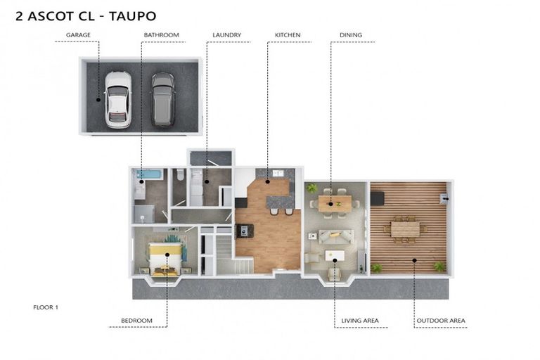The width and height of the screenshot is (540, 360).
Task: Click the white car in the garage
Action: click(118, 100)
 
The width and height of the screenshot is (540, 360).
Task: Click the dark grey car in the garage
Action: click(163, 100)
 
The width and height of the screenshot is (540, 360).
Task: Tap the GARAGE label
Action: click(78, 34)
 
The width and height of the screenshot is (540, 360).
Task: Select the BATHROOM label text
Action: click(162, 34)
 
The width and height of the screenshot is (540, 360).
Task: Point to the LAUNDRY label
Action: click(226, 34)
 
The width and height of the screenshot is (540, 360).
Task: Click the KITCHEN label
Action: click(288, 34)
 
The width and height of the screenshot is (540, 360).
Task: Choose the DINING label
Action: click(351, 34)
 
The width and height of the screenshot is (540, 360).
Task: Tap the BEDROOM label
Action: click(136, 321)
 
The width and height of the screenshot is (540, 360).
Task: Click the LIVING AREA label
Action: click(360, 321)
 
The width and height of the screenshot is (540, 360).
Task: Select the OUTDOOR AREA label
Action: click(441, 321)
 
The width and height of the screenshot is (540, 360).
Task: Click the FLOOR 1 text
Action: click(46, 307)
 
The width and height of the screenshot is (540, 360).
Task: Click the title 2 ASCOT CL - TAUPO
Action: click(86, 16)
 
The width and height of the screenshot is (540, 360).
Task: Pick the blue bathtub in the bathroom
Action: click(149, 174)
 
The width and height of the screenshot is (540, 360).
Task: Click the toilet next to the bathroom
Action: click(179, 175)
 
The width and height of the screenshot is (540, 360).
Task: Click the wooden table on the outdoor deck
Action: click(405, 229)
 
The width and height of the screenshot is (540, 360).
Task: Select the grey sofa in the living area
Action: click(336, 236)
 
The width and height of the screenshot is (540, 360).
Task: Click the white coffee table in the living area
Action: click(335, 256)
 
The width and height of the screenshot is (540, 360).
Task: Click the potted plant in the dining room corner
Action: click(312, 188)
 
